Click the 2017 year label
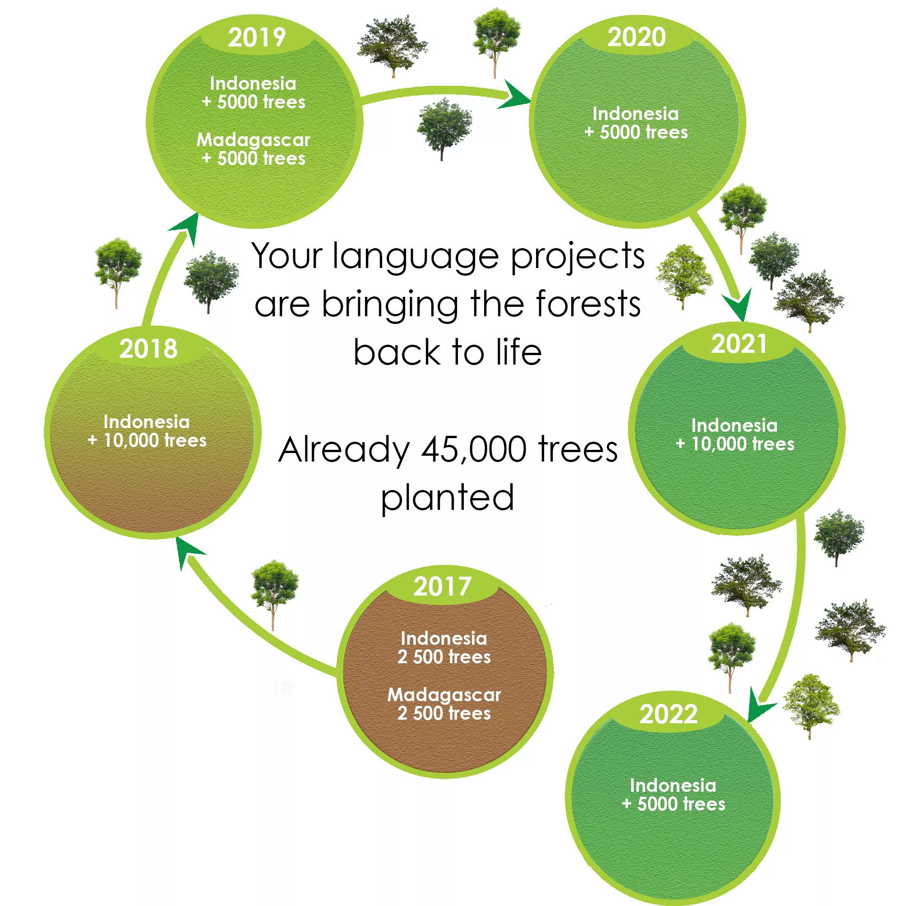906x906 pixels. pyautogui.click(x=442, y=586)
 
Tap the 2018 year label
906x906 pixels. pyautogui.click(x=148, y=348)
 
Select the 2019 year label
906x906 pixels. pyautogui.click(x=257, y=37)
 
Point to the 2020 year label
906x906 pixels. pyautogui.click(x=636, y=37)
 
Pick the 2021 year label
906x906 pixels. pyautogui.click(x=739, y=344)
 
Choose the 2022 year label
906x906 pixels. pyautogui.click(x=668, y=714)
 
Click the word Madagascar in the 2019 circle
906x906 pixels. pyautogui.click(x=253, y=140)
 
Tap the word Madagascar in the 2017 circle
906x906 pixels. pyautogui.click(x=444, y=694)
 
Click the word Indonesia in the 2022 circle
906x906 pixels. pyautogui.click(x=673, y=785)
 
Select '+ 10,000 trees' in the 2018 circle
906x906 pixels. pyautogui.click(x=147, y=440)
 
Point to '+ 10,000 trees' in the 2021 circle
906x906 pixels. pyautogui.click(x=735, y=444)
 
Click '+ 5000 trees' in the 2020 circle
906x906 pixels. pyautogui.click(x=636, y=132)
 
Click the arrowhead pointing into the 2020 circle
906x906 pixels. pyautogui.click(x=515, y=95)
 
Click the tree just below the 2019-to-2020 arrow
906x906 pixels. pyautogui.click(x=444, y=129)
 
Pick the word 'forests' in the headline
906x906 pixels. pyautogui.click(x=588, y=305)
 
